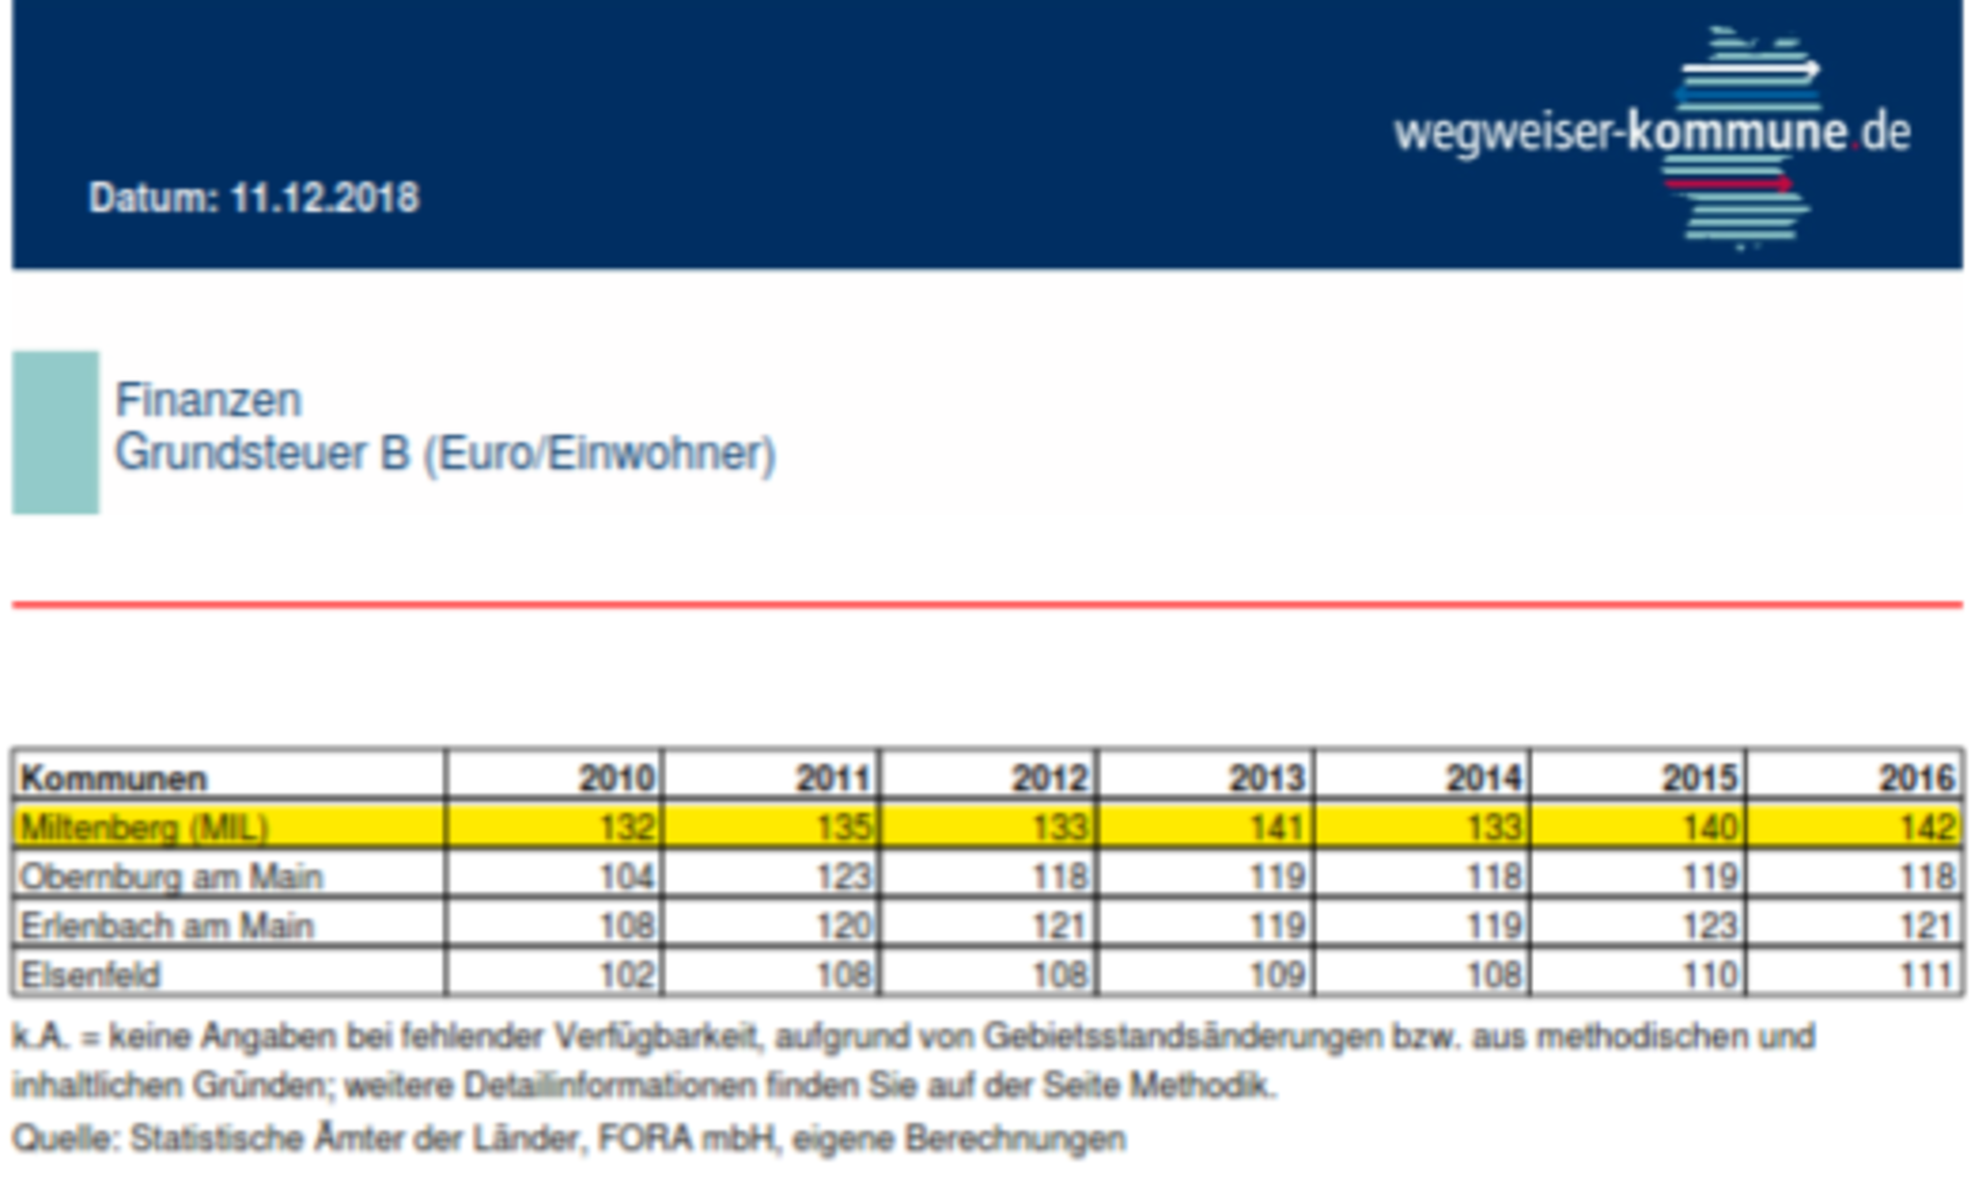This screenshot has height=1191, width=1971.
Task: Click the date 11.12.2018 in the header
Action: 324,198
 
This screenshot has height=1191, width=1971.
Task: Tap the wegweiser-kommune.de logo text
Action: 1651,133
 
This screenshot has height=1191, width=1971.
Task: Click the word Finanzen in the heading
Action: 208,400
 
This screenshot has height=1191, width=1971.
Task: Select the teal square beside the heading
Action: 55,432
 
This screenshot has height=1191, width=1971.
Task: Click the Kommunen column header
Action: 114,777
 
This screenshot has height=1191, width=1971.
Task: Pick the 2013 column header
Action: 1266,777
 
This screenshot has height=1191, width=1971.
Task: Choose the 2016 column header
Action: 1916,777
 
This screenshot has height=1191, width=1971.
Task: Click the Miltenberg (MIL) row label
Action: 144,827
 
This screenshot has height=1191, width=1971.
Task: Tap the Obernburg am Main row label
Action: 171,876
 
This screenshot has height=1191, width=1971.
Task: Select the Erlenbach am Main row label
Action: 167,925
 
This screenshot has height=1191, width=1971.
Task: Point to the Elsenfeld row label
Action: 90,975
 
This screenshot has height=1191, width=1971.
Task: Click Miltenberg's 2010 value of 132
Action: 627,827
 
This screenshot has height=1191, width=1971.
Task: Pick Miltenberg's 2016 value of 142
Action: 1928,827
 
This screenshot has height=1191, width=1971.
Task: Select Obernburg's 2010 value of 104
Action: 627,876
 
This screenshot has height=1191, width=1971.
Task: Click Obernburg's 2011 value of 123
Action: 843,876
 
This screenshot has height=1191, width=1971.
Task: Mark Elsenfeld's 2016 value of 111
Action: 1928,975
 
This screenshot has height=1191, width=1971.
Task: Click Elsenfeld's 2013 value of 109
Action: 1277,975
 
